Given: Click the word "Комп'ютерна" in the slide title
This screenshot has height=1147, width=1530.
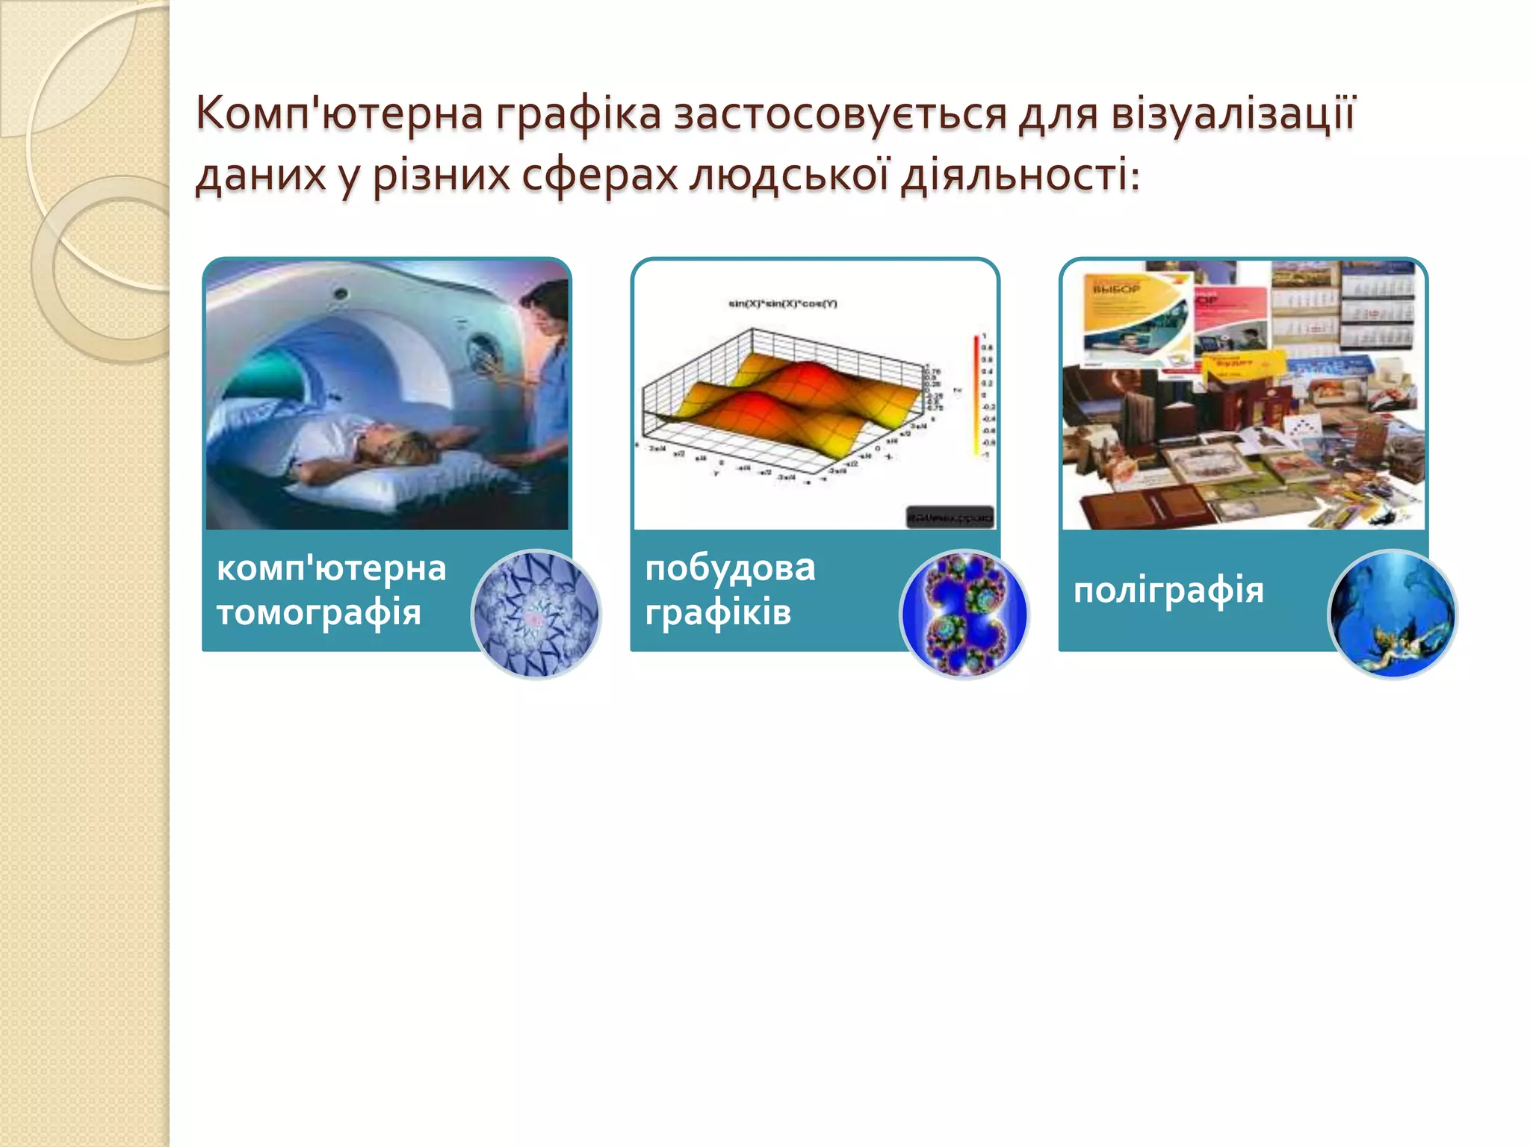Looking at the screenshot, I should (339, 114).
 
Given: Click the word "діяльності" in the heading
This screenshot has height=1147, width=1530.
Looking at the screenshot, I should (1019, 176).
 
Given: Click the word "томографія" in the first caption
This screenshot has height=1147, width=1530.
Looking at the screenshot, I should (319, 613).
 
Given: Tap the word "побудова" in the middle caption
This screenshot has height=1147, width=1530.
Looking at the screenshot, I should (730, 568).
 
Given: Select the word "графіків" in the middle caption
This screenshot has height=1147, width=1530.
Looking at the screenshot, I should (718, 613).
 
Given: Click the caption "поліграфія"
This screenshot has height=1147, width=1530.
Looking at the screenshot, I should (1168, 591).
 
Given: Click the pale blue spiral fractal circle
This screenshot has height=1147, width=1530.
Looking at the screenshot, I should (536, 614).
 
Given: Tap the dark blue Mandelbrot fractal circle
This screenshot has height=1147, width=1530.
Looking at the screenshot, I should (964, 614).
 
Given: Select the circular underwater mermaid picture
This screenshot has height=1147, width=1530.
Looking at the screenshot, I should (1392, 614).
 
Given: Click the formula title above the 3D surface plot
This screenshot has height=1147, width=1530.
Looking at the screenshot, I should (783, 304).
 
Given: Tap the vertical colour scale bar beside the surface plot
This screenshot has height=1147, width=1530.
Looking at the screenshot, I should (976, 396).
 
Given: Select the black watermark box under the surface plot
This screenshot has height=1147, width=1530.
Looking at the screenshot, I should (950, 517).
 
